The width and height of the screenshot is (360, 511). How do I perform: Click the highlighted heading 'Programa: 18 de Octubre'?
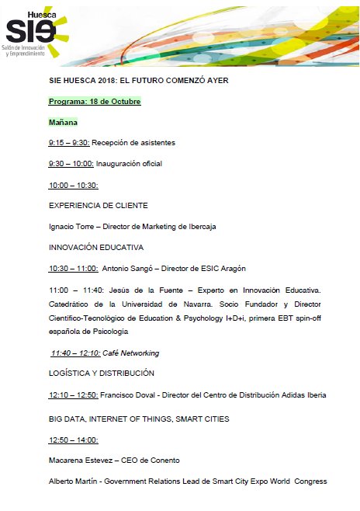[94, 102]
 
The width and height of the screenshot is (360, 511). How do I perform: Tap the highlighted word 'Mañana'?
[63, 122]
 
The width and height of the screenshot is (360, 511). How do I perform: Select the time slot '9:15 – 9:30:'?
[69, 143]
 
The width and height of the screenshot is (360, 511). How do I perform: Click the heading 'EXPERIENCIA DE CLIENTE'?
[98, 206]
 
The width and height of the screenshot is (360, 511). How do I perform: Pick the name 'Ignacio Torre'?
[73, 227]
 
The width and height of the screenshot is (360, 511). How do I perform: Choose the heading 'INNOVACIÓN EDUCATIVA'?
[96, 248]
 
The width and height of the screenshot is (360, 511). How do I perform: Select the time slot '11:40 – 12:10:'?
[75, 353]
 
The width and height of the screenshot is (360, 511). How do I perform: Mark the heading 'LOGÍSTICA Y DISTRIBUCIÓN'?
[101, 374]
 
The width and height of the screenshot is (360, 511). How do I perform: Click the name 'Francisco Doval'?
[128, 395]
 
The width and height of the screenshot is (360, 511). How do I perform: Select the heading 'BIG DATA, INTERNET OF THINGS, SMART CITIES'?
[139, 419]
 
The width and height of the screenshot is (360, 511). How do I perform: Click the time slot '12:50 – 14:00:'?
[73, 440]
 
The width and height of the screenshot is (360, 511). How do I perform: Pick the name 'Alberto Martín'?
[75, 481]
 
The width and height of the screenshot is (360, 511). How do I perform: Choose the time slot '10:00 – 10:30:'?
[73, 185]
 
